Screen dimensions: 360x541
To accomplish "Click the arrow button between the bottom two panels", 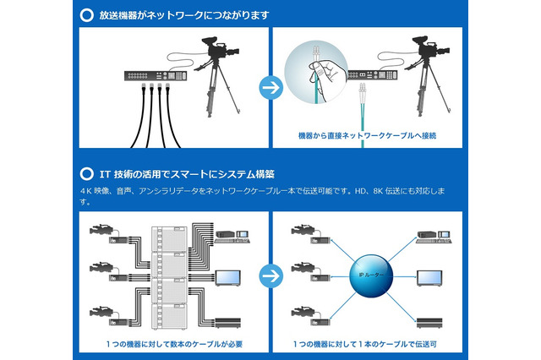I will coord(270,276).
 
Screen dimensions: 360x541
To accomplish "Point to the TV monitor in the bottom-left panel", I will coord(229,276).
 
